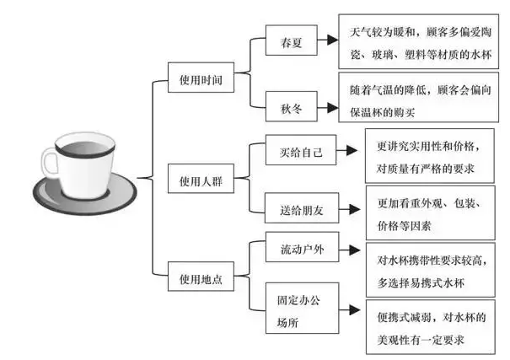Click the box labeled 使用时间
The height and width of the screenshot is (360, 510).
coord(200,82)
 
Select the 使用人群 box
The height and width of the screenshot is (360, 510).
coord(200,180)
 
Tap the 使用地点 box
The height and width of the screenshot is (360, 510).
coord(200,277)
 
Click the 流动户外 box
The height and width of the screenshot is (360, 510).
coord(301,250)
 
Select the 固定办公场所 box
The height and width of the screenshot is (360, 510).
coord(301,309)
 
